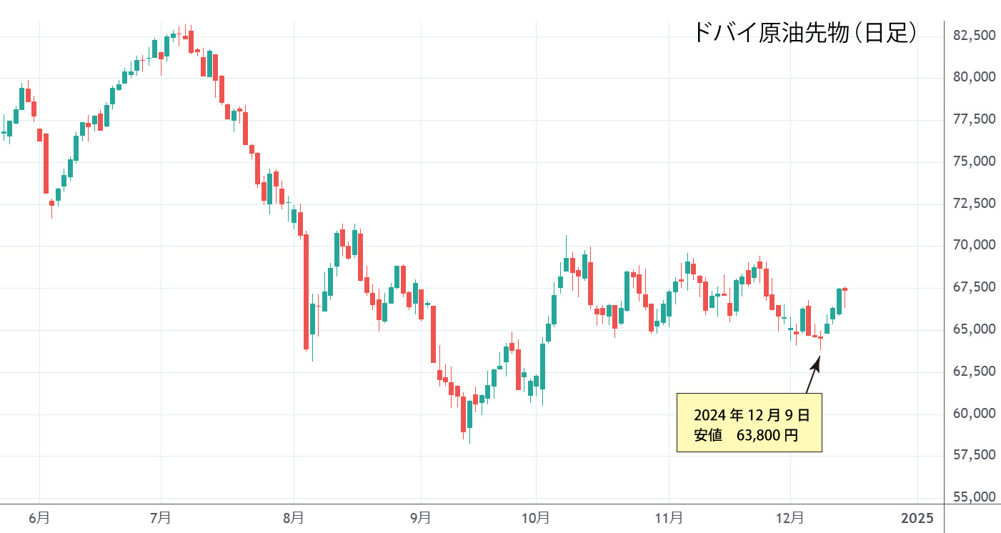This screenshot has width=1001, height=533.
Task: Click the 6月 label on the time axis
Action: coord(40,517)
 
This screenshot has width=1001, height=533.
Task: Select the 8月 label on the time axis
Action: coord(293,517)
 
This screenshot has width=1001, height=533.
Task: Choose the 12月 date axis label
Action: coord(790,517)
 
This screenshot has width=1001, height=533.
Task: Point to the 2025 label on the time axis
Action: coord(917,517)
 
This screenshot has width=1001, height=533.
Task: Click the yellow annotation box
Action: coord(749,422)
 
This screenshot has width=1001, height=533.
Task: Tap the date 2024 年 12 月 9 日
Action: coord(752,414)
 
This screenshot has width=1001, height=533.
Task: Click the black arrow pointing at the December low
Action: coord(812,375)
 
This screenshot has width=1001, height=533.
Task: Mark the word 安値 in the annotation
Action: coord(707,434)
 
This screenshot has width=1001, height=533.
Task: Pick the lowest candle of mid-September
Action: coord(463,414)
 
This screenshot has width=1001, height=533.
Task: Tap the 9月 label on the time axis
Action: coord(421,517)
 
